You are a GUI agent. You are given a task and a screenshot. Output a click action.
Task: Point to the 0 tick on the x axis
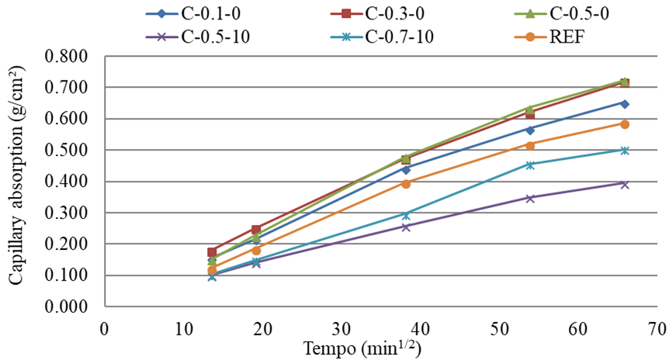(104, 327)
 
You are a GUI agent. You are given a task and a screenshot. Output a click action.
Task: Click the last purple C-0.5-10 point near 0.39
(625, 184)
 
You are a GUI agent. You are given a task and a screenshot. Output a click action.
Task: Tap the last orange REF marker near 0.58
(625, 124)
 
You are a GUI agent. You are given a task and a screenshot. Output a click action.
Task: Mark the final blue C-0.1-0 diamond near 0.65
(625, 103)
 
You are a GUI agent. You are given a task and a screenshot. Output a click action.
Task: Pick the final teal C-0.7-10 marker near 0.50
(625, 150)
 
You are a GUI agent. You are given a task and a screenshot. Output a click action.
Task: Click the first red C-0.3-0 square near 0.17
(212, 252)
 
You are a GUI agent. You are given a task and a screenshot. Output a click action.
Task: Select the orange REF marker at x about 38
(405, 183)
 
